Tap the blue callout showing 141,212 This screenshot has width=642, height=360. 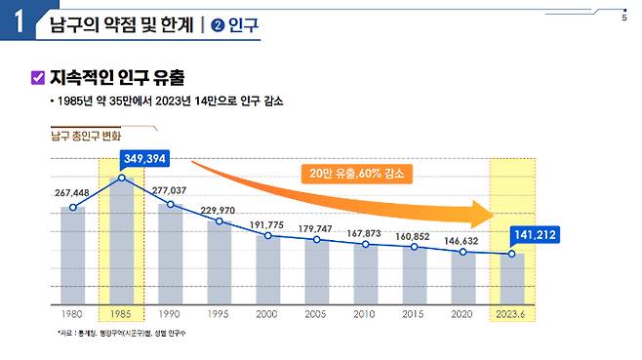click(538, 234)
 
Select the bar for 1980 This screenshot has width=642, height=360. click(72, 255)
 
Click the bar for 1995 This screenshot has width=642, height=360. click(220, 262)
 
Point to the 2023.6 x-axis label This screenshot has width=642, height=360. click(512, 315)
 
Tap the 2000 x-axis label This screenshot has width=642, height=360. click(268, 315)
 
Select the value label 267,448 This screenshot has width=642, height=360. click(72, 192)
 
